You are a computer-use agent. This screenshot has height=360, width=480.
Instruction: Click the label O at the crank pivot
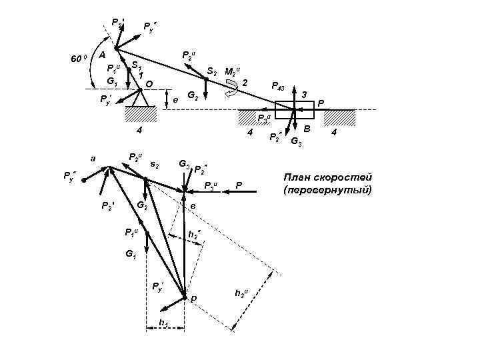click(x=150, y=84)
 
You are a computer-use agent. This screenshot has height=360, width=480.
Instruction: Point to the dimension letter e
click(x=175, y=99)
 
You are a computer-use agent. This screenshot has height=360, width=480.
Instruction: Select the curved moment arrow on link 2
click(x=233, y=87)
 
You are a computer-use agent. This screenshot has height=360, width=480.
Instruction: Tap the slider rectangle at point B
click(x=294, y=111)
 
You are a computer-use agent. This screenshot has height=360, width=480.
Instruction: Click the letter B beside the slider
click(x=307, y=127)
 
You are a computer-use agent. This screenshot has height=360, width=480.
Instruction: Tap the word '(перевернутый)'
click(x=327, y=191)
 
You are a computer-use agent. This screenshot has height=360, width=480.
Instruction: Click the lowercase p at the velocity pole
click(x=194, y=298)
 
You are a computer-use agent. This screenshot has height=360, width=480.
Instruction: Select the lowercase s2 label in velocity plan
click(x=154, y=164)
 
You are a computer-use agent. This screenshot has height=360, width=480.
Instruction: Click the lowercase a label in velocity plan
click(x=93, y=159)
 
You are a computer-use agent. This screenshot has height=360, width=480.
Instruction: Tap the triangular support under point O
click(x=141, y=99)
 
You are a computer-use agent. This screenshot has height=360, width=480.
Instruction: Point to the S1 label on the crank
click(x=137, y=67)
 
